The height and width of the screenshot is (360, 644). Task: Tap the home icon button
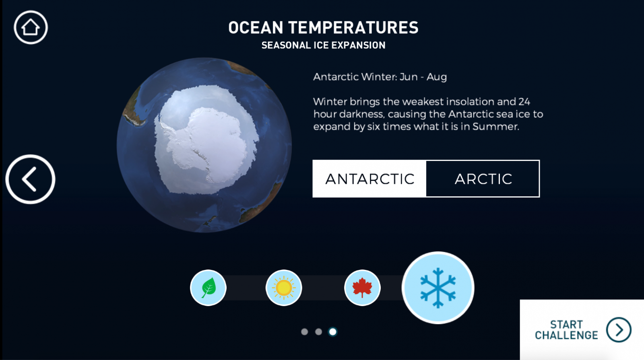tap(31, 27)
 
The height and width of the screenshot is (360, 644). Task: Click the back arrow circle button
tap(30, 179)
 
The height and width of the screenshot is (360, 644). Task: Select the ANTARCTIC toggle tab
tap(369, 179)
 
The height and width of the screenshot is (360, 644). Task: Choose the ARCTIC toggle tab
tap(483, 179)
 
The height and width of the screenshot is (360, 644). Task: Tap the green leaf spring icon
tap(208, 288)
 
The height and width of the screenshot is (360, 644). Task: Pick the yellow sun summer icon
tap(284, 288)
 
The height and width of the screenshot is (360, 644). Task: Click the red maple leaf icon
tap(362, 288)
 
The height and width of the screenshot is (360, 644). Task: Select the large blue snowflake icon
tap(438, 288)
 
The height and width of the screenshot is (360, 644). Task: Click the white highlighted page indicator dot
tap(332, 332)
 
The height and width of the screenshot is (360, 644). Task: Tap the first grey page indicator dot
tap(304, 332)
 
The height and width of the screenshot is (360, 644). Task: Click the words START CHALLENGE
tap(566, 330)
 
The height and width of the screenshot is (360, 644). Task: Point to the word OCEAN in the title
tap(256, 28)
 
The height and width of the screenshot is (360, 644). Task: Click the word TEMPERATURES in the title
tap(353, 28)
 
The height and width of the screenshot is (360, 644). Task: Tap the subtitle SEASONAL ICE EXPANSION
tap(324, 45)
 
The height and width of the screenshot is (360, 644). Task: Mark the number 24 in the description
tap(524, 101)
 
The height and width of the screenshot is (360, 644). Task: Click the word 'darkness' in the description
tap(362, 114)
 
